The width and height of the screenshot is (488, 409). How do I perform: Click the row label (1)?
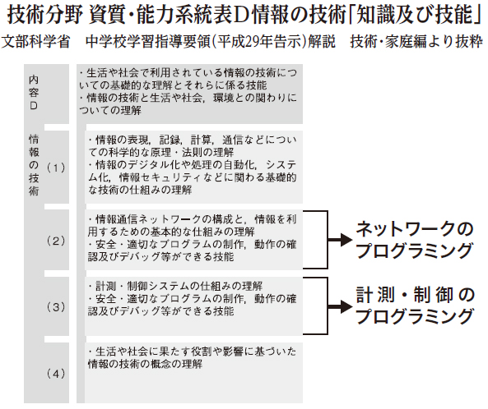[56, 168]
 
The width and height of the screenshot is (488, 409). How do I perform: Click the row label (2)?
[56, 241]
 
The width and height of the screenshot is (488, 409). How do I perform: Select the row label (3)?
[56, 307]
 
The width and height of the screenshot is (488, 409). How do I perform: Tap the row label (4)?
[56, 374]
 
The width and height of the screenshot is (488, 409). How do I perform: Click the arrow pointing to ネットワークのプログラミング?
[340, 240]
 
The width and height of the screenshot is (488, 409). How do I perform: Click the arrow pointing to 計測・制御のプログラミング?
[340, 306]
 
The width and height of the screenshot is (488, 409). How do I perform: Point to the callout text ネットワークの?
[415, 229]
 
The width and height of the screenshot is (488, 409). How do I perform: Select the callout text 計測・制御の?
[416, 295]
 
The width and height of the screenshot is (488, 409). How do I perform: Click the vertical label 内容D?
[34, 93]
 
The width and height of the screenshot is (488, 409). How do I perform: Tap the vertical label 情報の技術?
[34, 164]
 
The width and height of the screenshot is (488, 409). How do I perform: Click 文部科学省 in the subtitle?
[35, 42]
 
